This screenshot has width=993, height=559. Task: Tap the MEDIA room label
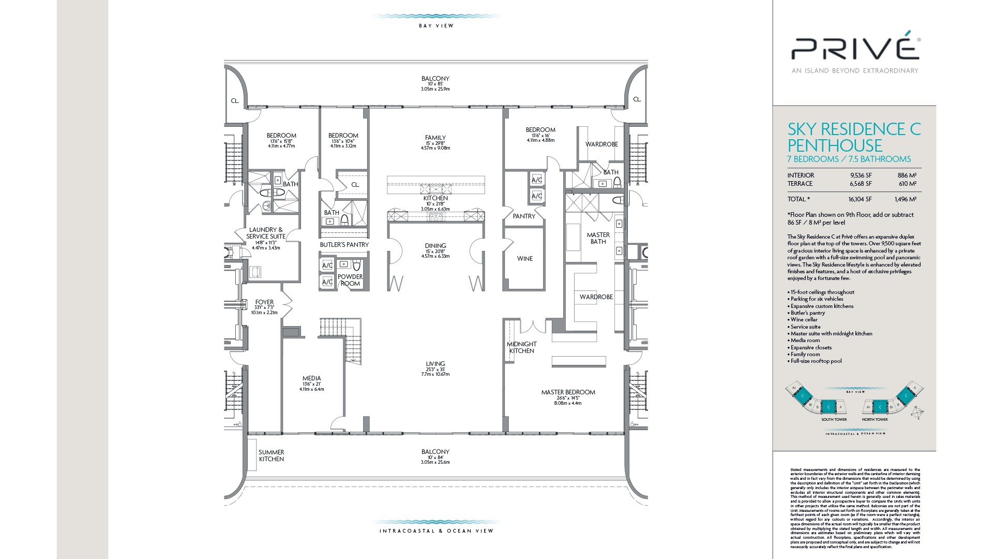tap(311, 378)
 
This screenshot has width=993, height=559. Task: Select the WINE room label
tap(524, 259)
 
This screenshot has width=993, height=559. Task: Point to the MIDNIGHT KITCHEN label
tap(521, 347)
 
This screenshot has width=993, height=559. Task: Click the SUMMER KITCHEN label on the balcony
tap(271, 455)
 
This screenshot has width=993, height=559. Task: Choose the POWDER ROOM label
tap(350, 280)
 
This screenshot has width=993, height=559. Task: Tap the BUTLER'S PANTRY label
tap(344, 245)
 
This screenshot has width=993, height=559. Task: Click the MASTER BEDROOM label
tap(568, 392)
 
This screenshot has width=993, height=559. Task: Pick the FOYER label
tap(264, 302)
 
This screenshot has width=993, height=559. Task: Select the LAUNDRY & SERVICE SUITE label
tap(266, 233)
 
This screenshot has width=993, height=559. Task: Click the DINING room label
tap(435, 246)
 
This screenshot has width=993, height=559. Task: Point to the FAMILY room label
tap(435, 138)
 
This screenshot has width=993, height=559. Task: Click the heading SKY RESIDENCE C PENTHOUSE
tap(853, 137)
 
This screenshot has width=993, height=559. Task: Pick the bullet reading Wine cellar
tap(804, 320)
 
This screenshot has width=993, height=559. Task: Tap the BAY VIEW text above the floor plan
tap(436, 26)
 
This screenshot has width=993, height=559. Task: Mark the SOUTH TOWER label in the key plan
tap(834, 419)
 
